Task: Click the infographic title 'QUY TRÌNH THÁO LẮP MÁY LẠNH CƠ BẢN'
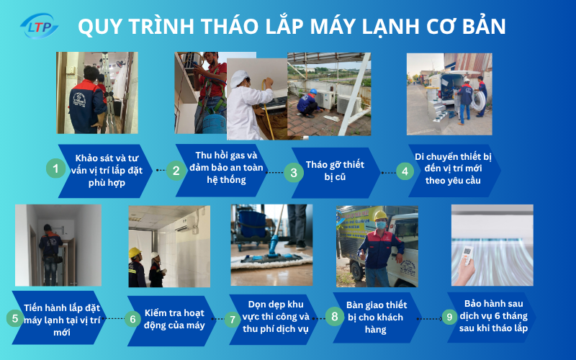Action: tap(291, 27)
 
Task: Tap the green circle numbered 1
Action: tap(55, 169)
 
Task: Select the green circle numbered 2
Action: tap(176, 171)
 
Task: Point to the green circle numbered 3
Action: tap(293, 172)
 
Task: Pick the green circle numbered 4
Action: tap(406, 171)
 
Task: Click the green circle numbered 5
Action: tap(14, 318)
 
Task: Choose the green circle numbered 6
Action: tap(132, 318)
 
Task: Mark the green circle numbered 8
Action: tap(333, 317)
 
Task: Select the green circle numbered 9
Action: tap(449, 316)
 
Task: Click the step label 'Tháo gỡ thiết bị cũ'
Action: tap(335, 170)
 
